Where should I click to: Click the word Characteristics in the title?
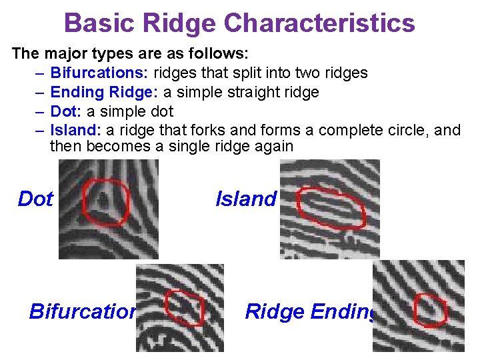[319, 23]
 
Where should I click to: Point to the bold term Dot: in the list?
[66, 111]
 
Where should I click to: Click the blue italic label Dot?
[35, 199]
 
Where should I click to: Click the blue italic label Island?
[245, 199]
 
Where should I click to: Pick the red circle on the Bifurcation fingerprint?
[184, 308]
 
